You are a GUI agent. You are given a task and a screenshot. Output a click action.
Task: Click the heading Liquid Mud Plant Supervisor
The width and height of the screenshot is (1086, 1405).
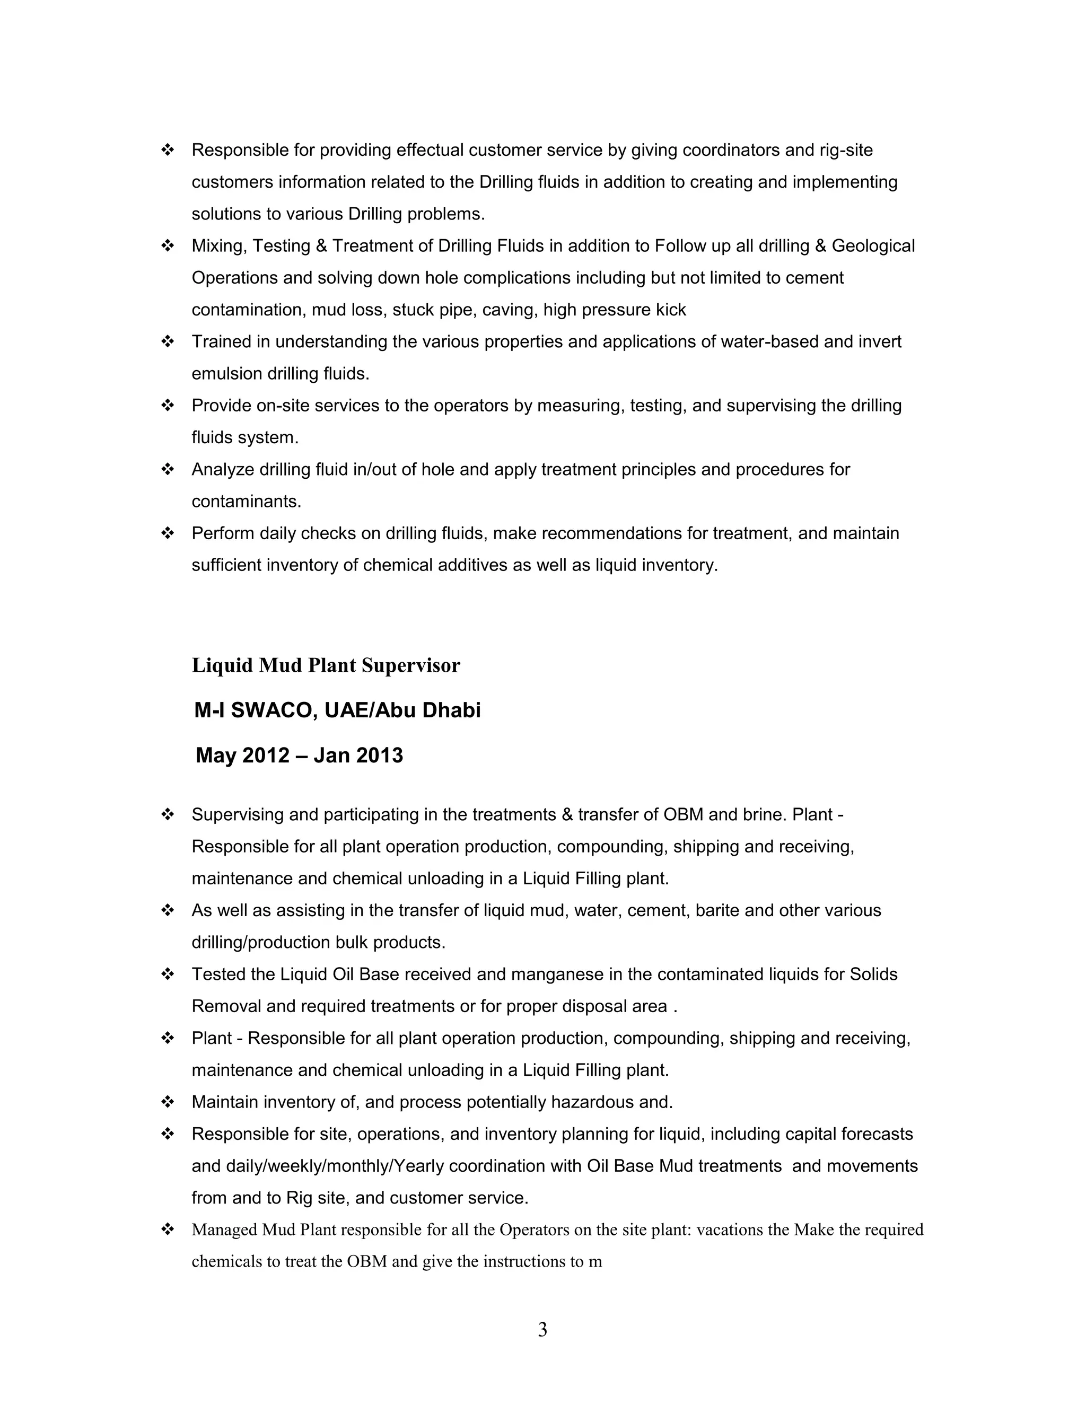click(x=326, y=665)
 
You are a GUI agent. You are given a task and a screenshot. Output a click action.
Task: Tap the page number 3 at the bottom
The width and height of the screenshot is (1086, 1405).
click(x=542, y=1329)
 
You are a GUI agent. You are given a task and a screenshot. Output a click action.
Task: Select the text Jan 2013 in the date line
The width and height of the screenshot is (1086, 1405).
click(x=358, y=755)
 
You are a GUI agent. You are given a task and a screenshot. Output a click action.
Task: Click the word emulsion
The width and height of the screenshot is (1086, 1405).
click(x=226, y=373)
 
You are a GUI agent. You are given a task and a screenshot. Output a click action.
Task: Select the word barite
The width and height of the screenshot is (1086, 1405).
click(x=715, y=910)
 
